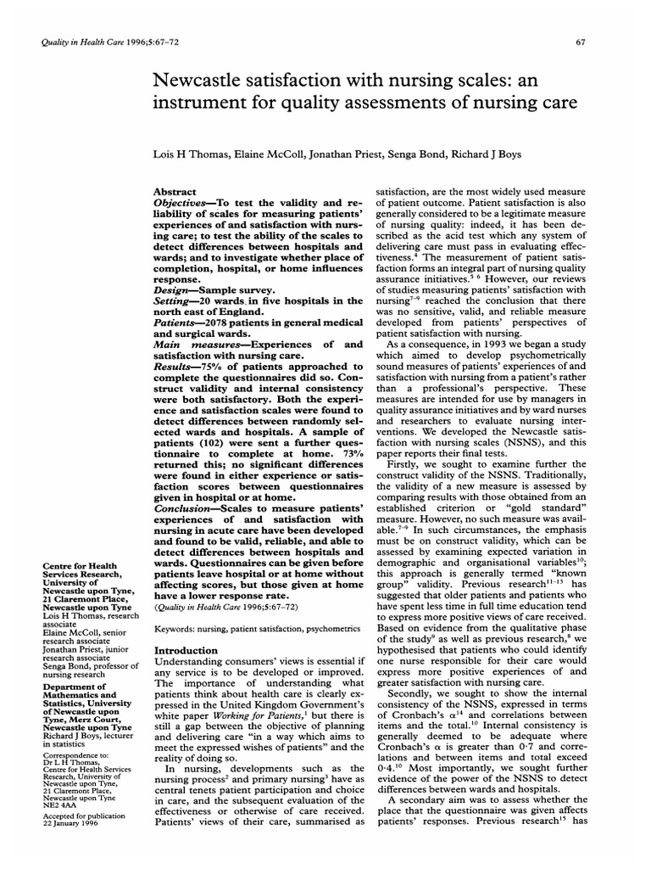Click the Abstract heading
coord(175,193)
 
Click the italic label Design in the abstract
coord(172,289)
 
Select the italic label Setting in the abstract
coord(174,301)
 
